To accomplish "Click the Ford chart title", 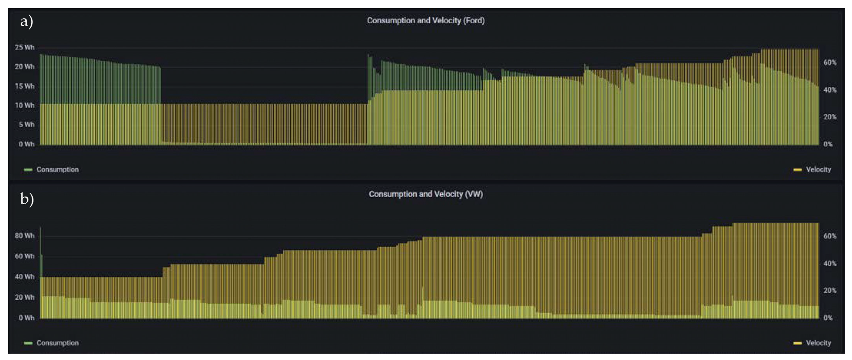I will [426, 21].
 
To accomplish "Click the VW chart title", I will [426, 194].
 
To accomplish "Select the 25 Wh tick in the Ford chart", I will [24, 47].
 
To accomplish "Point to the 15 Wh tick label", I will [24, 86].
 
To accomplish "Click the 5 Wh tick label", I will [26, 125].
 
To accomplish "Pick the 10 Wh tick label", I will [24, 106].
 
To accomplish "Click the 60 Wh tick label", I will [24, 256].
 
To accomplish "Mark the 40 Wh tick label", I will [24, 277].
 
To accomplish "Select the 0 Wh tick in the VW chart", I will [26, 318].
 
